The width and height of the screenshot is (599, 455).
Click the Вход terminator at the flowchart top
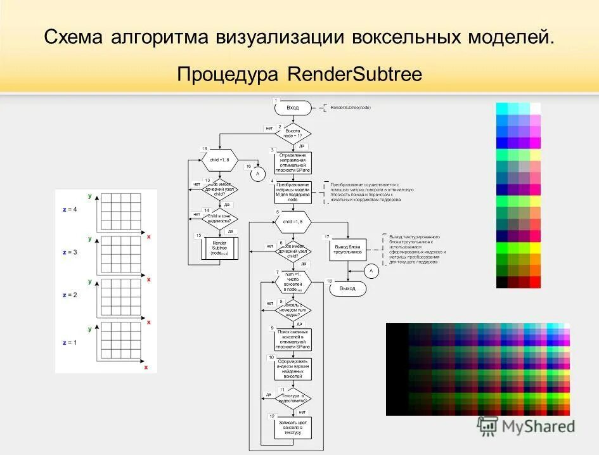point(292,108)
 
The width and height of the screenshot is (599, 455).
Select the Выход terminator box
point(347,288)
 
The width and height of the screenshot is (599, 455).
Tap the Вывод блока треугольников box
point(347,248)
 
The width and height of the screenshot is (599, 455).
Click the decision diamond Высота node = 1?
point(292,133)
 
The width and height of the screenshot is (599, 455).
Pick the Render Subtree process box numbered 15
point(219,247)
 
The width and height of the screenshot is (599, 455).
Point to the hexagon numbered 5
point(292,222)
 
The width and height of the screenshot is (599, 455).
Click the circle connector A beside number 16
point(257,173)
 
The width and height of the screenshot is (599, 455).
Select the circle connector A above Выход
point(371,271)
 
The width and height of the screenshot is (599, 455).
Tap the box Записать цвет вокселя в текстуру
point(292,428)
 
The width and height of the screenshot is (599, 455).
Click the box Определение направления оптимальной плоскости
point(292,162)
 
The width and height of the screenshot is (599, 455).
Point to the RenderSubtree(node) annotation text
point(351,108)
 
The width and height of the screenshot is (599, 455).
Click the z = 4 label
point(70,210)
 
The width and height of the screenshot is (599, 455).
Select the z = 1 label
point(70,343)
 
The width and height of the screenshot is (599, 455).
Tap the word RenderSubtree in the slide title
point(354,74)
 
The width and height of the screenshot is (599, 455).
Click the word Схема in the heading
point(74,37)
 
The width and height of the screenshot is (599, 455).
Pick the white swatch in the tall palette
point(535,108)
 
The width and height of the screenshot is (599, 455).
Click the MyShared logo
point(527,426)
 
